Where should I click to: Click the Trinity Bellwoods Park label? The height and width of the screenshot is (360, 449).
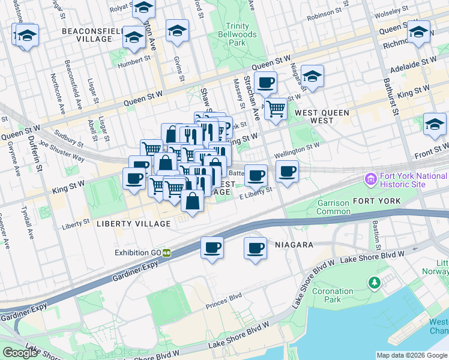pos(237,34)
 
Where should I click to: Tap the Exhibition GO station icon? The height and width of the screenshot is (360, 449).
pos(166,253)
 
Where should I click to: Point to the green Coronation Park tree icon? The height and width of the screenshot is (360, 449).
pos(375,282)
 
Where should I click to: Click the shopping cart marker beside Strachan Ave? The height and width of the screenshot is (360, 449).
pos(276,109)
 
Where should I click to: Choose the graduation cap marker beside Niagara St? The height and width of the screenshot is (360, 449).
pos(312,76)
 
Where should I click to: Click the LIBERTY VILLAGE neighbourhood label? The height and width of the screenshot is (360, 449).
pos(133,224)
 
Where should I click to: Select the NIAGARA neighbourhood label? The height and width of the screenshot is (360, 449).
pos(295,245)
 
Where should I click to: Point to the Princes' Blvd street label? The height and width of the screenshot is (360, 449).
pos(223,297)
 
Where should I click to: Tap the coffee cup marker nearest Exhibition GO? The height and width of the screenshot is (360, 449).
pos(211,247)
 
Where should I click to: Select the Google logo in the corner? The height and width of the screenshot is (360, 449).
pos(19,353)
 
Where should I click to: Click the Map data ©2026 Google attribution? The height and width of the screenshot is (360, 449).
pos(411,355)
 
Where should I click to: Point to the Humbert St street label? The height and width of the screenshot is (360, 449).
pos(134,60)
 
